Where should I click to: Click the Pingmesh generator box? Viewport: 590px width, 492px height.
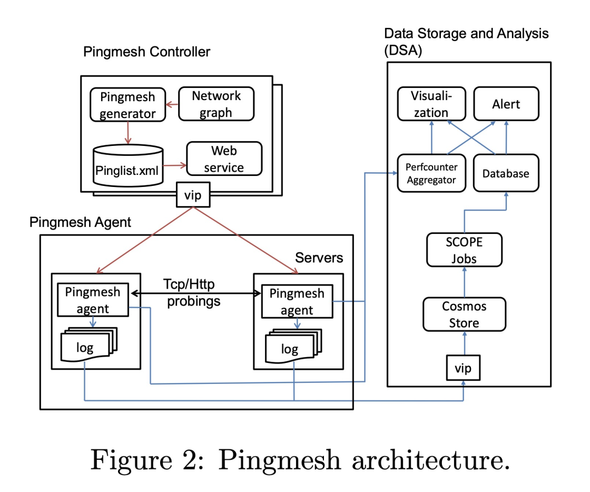pos(127,105)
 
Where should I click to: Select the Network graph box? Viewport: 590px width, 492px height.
pos(216,104)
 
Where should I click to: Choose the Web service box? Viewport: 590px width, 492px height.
pos(224,159)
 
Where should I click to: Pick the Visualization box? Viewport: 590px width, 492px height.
pos(431,104)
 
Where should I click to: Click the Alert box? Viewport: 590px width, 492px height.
pos(506,104)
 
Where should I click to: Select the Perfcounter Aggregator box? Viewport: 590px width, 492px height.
pos(431,173)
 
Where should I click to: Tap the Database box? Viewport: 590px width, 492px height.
pos(506,173)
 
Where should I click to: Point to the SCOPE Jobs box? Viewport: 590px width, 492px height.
pos(463,249)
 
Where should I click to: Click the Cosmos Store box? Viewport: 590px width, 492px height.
pos(464,314)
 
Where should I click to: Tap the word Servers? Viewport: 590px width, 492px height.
pos(319,257)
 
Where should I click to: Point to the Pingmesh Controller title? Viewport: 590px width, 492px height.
pos(146,52)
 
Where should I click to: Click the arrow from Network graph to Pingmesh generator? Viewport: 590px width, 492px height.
pos(172,104)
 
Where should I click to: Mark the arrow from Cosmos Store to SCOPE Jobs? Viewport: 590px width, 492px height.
pos(464,282)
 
